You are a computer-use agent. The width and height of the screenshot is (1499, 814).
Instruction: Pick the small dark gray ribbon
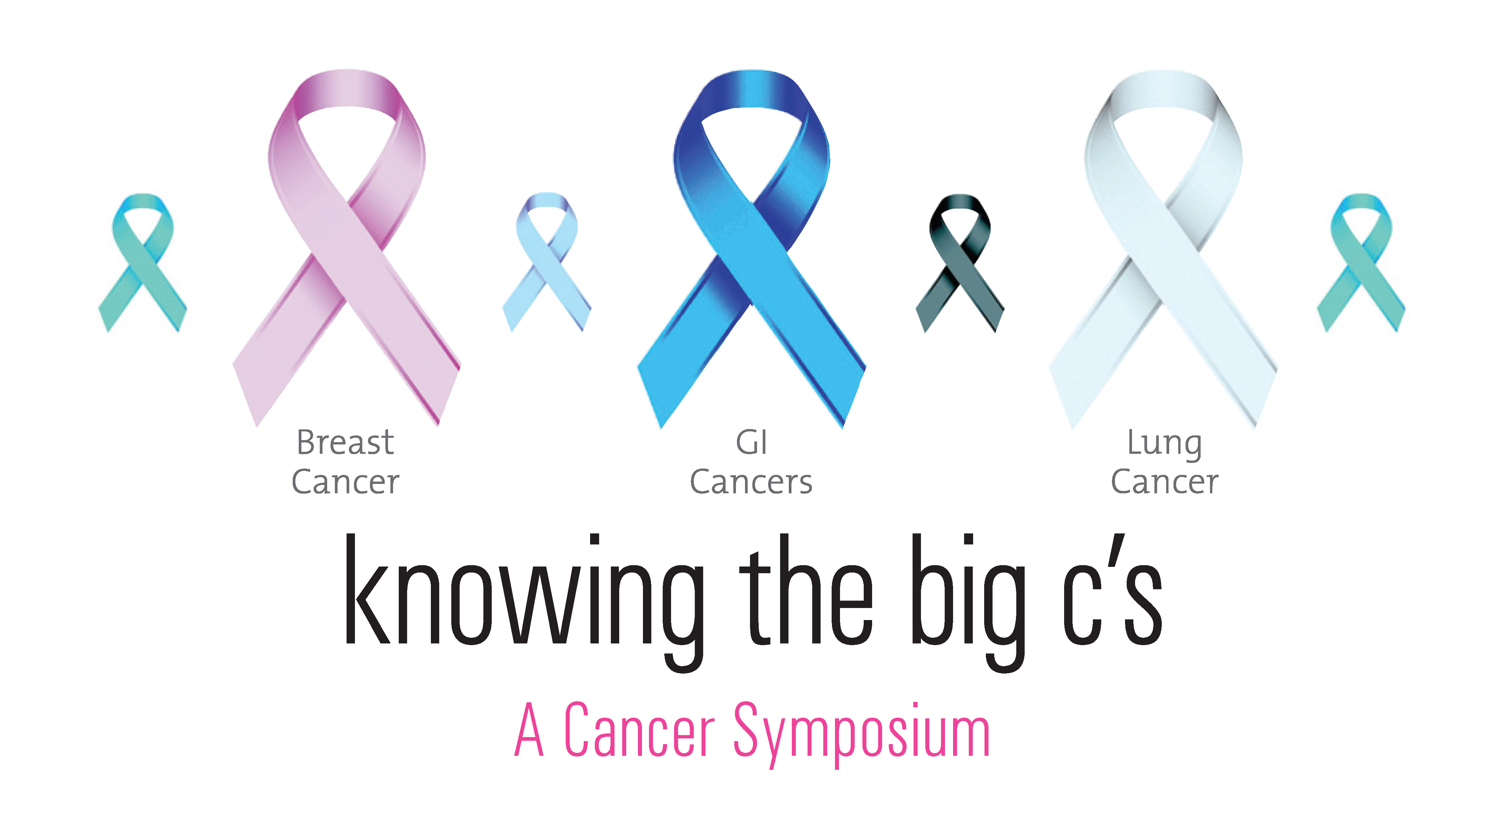tap(960, 268)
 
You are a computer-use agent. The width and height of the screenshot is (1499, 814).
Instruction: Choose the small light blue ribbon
tap(547, 268)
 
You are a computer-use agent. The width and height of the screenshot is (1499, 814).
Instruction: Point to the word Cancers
tap(751, 482)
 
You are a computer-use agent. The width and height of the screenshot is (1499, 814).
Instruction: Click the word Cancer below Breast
tap(346, 482)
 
